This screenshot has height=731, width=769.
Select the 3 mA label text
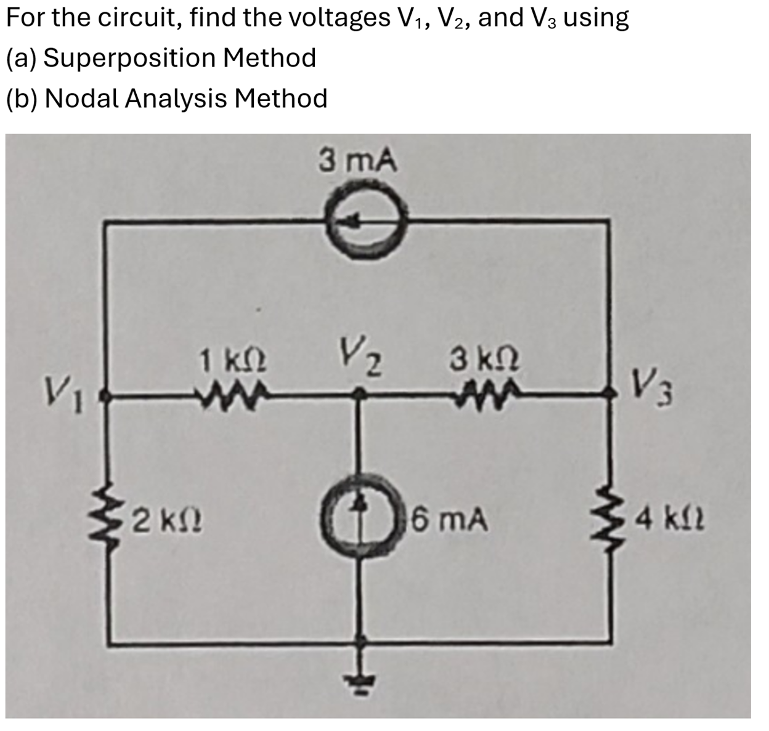pos(358,162)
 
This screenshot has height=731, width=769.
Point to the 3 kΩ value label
pos(484,360)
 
